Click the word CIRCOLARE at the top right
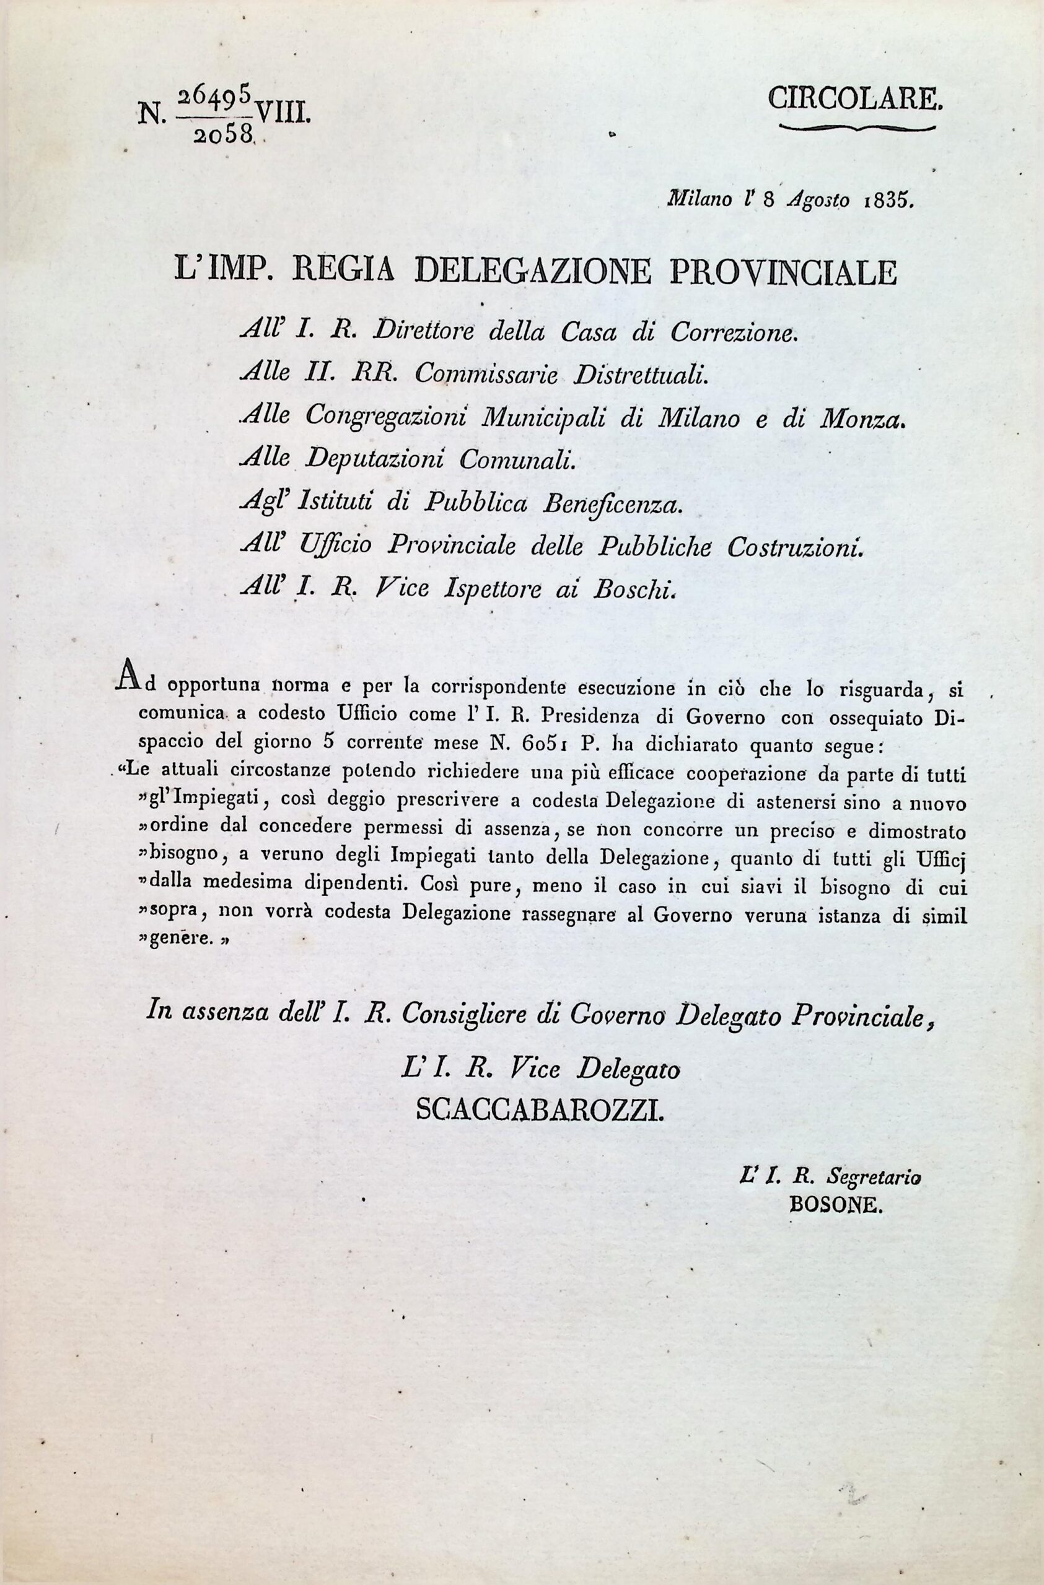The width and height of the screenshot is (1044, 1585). coord(856,99)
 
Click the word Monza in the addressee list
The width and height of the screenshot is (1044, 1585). coord(864,418)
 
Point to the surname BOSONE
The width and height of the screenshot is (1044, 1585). coord(835,1206)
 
